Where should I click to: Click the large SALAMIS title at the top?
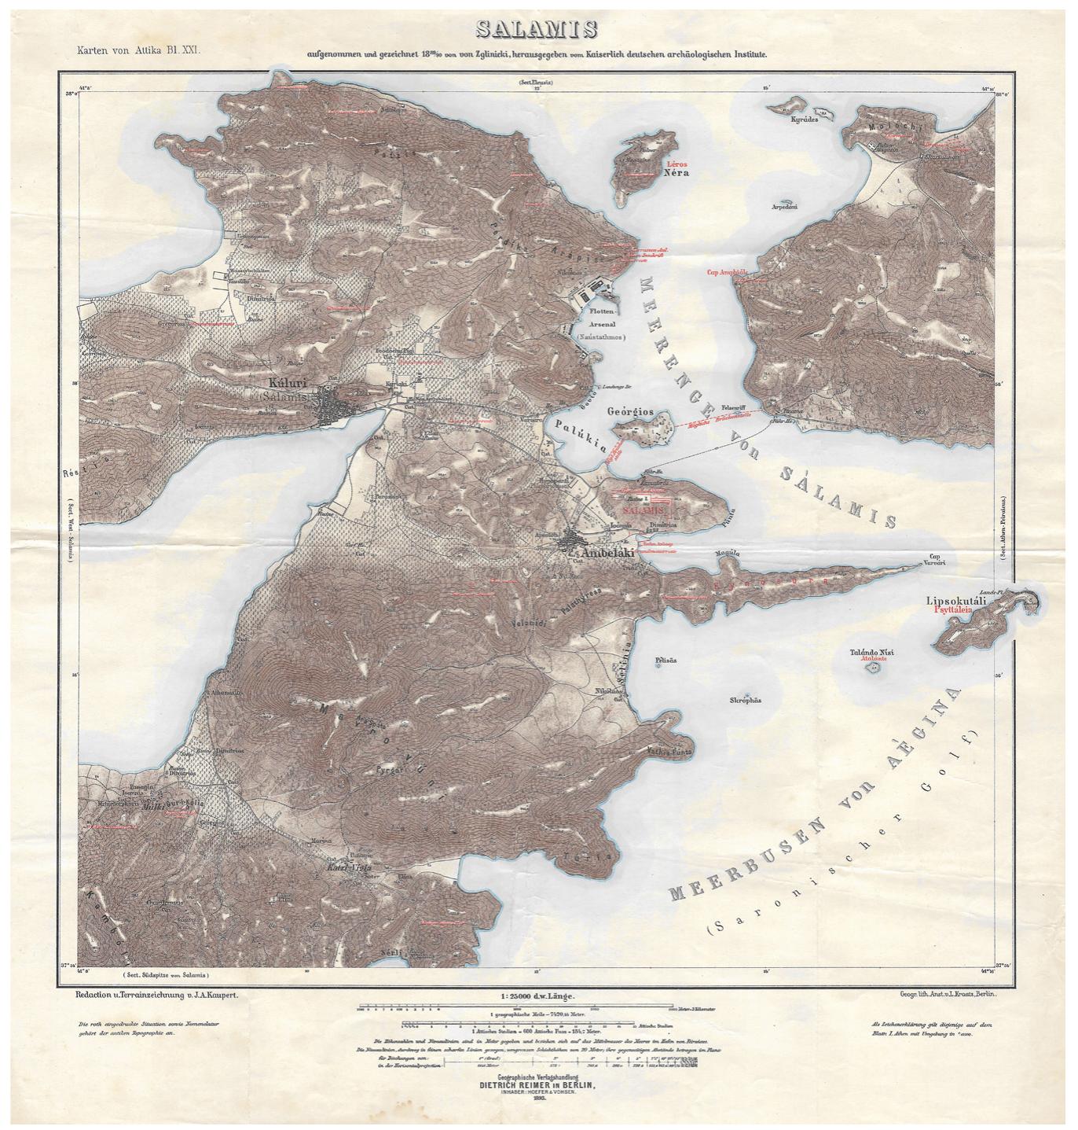pos(537,30)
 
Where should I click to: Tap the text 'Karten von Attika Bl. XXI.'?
pos(138,50)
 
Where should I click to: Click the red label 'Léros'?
pos(676,163)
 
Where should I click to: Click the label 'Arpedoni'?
pos(785,207)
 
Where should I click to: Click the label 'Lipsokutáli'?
pos(956,600)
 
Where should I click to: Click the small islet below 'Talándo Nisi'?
pos(871,668)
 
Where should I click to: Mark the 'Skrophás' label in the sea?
pos(746,700)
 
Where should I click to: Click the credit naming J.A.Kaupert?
pos(156,995)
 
